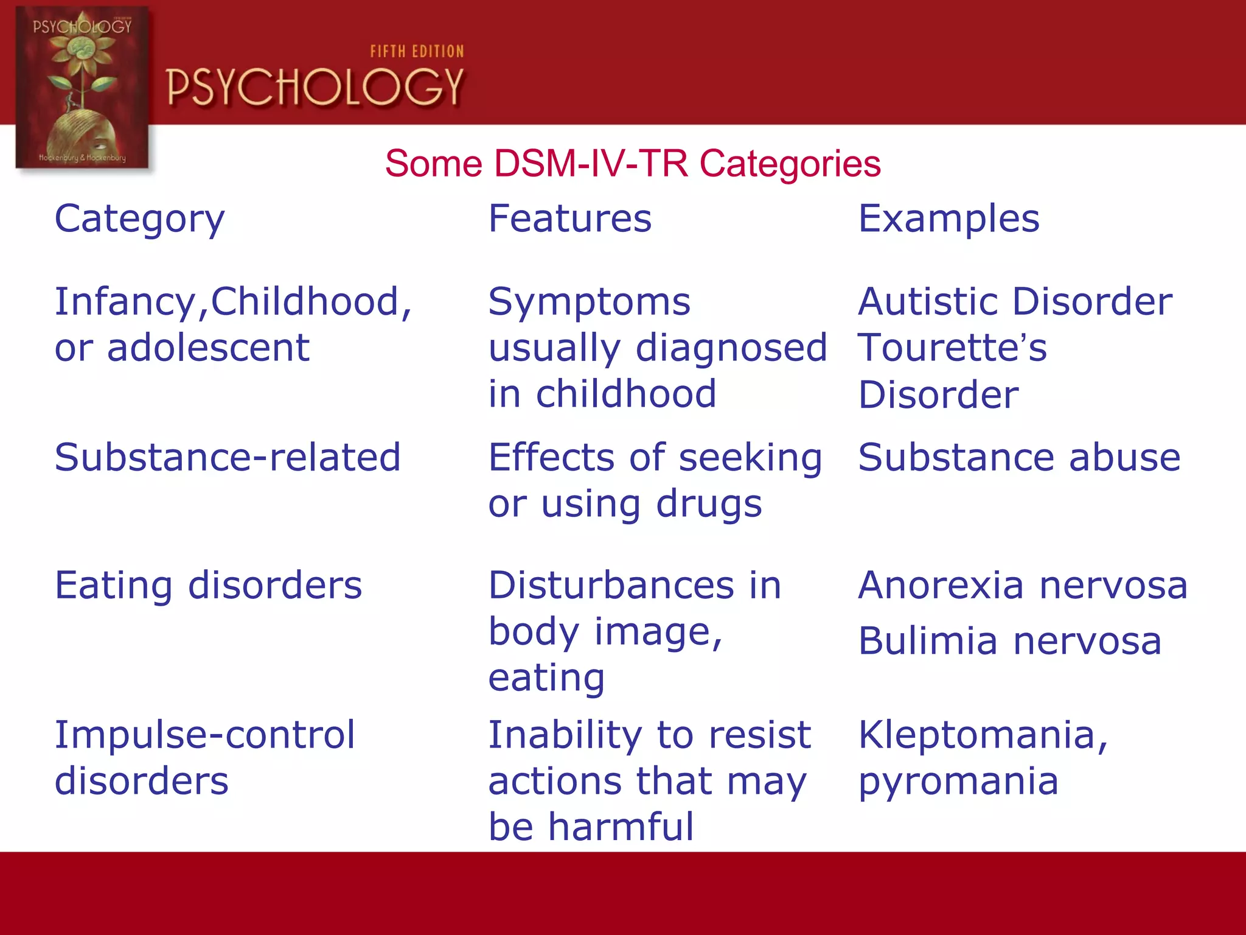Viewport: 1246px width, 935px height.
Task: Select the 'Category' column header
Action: point(139,219)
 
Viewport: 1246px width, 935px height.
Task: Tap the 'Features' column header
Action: point(569,219)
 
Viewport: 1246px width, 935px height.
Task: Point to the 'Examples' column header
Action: point(948,219)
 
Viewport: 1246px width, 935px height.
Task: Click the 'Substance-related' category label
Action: point(228,457)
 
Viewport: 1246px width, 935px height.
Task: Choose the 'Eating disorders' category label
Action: point(208,586)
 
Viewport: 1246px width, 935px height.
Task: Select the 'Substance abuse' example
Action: point(1019,457)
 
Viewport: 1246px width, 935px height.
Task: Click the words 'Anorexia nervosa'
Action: point(1022,586)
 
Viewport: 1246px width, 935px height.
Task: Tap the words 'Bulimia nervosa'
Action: point(1010,642)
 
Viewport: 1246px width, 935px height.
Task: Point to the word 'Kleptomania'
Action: point(977,735)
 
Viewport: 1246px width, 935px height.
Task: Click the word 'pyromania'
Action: point(958,782)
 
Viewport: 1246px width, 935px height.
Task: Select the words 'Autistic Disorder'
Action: point(1015,302)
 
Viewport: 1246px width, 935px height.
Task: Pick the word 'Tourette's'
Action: point(952,348)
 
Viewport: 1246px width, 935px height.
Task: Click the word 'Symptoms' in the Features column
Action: point(589,302)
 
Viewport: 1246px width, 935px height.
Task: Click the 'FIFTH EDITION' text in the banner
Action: point(417,52)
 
